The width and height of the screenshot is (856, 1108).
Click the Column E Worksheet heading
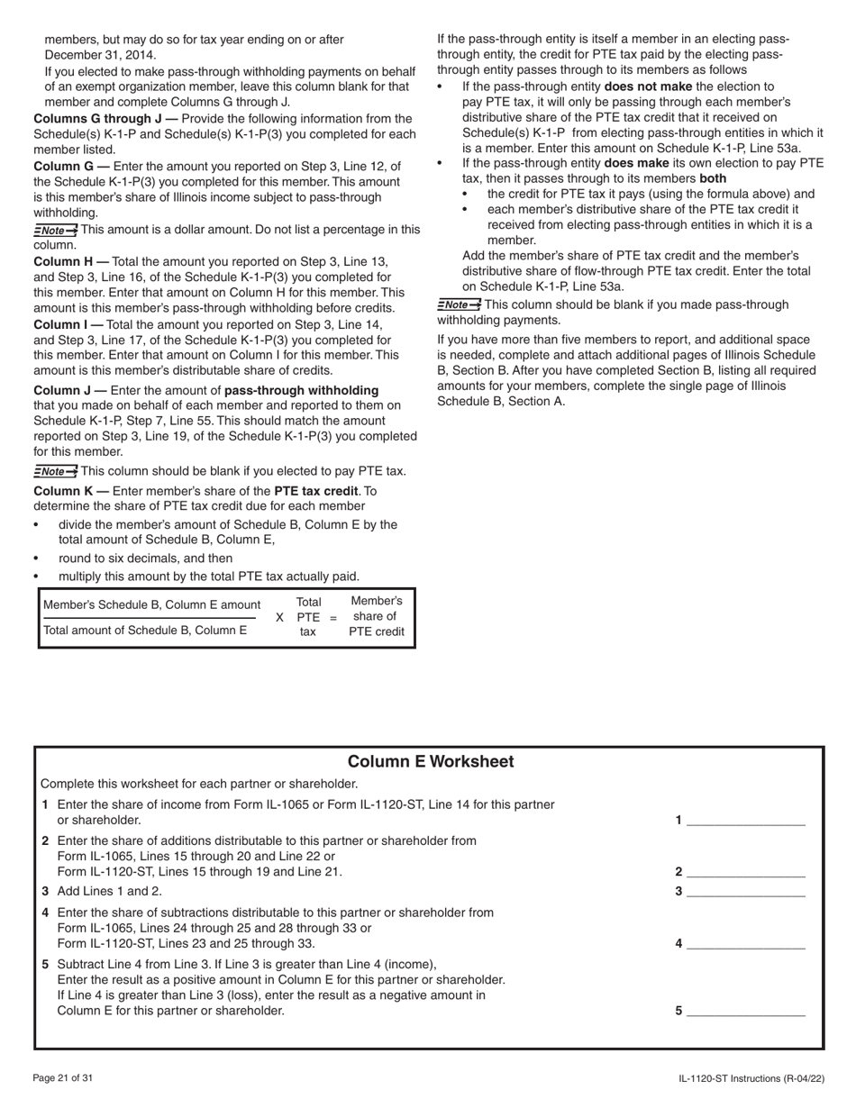(430, 762)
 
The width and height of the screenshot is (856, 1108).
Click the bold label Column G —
(71, 167)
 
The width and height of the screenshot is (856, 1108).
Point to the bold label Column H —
(71, 261)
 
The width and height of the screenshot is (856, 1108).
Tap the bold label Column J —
(70, 390)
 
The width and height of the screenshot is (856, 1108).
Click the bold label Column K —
(71, 491)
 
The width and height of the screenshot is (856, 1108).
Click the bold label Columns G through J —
(105, 119)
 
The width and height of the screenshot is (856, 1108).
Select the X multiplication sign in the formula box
(279, 617)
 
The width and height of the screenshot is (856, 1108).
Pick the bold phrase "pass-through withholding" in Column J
(301, 390)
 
